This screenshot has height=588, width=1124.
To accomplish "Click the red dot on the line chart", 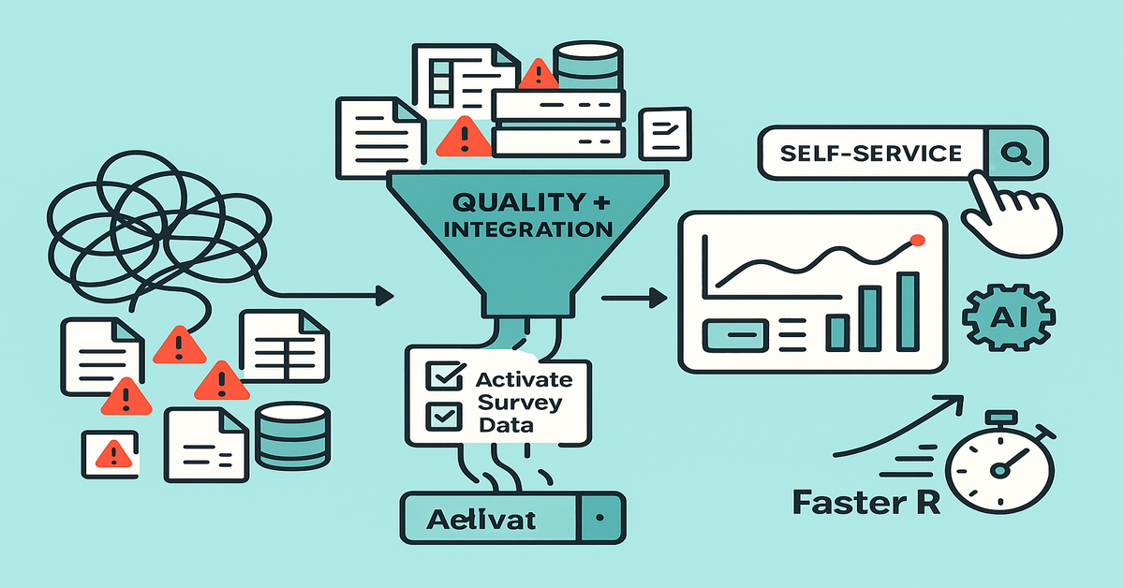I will click(917, 241).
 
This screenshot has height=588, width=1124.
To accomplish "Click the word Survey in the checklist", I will click(520, 403).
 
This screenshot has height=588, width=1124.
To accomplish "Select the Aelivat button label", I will click(482, 518).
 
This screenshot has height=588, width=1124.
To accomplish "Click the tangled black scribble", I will click(140, 225).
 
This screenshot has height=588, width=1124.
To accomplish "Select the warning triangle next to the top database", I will click(538, 75).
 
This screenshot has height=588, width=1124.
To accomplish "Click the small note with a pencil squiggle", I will click(664, 133).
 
